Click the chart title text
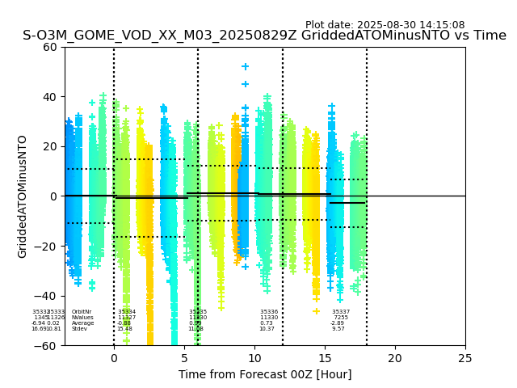(264, 36)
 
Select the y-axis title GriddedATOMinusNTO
(23, 196)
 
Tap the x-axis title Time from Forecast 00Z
(265, 374)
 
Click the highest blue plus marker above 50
(246, 66)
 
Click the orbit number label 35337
(341, 312)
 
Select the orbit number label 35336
(268, 312)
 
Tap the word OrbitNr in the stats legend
(82, 312)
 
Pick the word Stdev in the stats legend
(79, 329)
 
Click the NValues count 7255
(341, 318)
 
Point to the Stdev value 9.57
(338, 329)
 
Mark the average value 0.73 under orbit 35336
(267, 323)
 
